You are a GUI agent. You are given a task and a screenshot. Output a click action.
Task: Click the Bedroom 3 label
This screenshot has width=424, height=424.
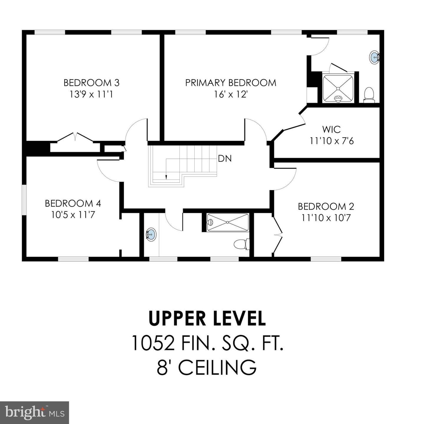[x=92, y=83]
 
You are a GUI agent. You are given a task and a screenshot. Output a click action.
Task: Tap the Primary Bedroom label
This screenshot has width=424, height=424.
[x=231, y=83]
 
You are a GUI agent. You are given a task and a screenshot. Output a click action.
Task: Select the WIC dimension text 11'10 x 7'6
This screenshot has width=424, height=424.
[x=332, y=141]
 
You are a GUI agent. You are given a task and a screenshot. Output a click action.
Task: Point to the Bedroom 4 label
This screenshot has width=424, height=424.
[x=73, y=203]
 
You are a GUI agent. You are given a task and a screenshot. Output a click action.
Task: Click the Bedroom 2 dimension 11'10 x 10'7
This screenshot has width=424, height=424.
[x=326, y=218]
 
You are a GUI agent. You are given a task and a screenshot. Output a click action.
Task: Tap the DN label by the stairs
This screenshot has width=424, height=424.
[x=225, y=158]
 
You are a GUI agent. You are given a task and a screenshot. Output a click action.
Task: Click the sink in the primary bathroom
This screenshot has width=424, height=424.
[x=374, y=57]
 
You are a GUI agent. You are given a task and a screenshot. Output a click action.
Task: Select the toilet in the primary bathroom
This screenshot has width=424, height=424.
[x=369, y=95]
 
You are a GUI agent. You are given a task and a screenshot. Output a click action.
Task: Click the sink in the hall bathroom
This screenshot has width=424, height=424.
[x=151, y=234]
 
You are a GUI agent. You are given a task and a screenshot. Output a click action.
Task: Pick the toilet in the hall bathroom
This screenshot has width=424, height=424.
[x=242, y=244]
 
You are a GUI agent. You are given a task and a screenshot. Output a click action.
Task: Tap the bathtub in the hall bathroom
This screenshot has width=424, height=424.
[x=228, y=222]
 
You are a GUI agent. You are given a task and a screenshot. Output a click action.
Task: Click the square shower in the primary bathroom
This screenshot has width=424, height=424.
[x=338, y=88]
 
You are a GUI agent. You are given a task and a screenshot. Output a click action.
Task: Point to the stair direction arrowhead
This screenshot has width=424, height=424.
[x=166, y=177]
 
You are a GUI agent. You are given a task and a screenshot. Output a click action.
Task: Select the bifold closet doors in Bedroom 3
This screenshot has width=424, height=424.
[x=75, y=138]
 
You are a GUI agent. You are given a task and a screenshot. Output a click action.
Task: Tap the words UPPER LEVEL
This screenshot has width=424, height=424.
[x=207, y=319]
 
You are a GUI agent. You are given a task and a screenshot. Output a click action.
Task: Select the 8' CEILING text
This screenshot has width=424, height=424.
[x=207, y=367]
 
